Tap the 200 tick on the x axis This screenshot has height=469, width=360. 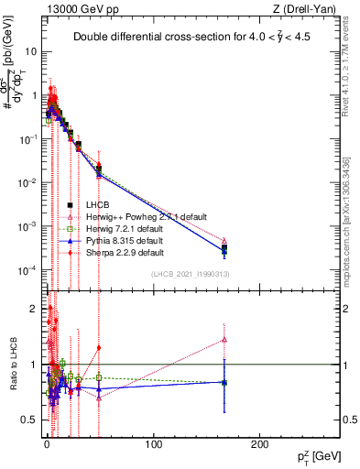[x=261, y=444]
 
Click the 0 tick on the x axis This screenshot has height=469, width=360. [x=47, y=444]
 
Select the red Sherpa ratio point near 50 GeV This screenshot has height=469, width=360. [x=99, y=347]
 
